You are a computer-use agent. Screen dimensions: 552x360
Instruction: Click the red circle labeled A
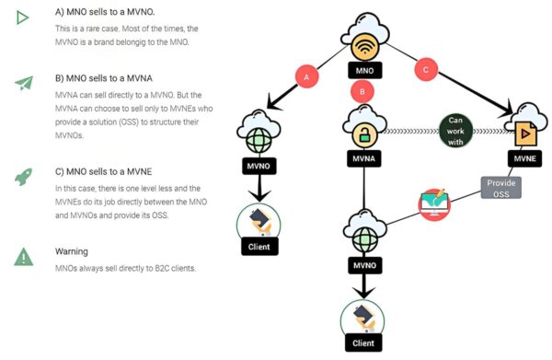[306, 76]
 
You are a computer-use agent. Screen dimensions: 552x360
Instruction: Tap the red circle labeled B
[362, 91]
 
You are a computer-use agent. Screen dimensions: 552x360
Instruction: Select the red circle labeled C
[426, 69]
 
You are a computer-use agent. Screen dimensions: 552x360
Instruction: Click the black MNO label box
[364, 71]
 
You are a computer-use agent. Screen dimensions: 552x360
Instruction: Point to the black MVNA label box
[364, 158]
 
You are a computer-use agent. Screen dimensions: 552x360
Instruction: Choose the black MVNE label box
[524, 158]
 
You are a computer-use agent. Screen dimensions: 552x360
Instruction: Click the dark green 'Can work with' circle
[455, 131]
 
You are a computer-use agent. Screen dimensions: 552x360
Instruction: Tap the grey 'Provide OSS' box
[501, 188]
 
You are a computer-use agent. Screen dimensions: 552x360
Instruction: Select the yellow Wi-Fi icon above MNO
[364, 48]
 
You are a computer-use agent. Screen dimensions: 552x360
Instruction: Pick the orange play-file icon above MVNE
[525, 134]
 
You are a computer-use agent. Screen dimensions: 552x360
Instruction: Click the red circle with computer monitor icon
[434, 204]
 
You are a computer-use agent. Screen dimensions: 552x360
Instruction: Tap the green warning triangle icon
[24, 257]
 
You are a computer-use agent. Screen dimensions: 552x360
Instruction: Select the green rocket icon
[24, 177]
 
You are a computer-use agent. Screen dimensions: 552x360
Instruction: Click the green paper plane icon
[24, 83]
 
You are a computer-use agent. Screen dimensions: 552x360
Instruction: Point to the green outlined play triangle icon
[22, 17]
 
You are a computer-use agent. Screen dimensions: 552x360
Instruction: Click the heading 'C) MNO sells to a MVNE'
[103, 171]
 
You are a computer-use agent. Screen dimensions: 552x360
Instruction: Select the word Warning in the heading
[72, 251]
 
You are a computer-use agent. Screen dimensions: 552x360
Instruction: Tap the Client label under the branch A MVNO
[259, 247]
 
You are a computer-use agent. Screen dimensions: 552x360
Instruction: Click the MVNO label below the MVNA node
[364, 265]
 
